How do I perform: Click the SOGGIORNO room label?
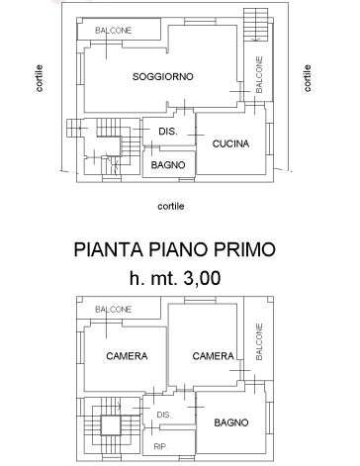[x=163, y=77]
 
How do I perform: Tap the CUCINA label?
[x=230, y=143]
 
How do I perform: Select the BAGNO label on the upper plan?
[x=168, y=165]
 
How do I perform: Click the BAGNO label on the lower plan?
[x=231, y=422]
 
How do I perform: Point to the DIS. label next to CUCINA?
[x=168, y=132]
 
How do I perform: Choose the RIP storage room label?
[x=160, y=447]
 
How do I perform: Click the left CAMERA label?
[x=127, y=356]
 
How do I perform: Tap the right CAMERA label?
[x=214, y=356]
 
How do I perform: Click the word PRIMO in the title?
[x=244, y=249]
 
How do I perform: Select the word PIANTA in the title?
[x=109, y=249]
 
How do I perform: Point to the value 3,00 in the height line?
[x=202, y=278]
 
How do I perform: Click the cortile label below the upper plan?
[x=171, y=207]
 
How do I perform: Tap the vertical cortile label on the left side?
[x=39, y=78]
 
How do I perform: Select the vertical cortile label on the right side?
[x=307, y=78]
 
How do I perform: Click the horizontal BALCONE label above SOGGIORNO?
[x=114, y=31]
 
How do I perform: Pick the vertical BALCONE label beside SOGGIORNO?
[x=259, y=74]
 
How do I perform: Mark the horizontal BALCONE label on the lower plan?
[x=114, y=310]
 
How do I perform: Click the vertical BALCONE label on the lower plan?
[x=259, y=341]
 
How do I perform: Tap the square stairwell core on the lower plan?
[x=110, y=425]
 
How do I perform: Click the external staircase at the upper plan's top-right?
[x=255, y=24]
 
